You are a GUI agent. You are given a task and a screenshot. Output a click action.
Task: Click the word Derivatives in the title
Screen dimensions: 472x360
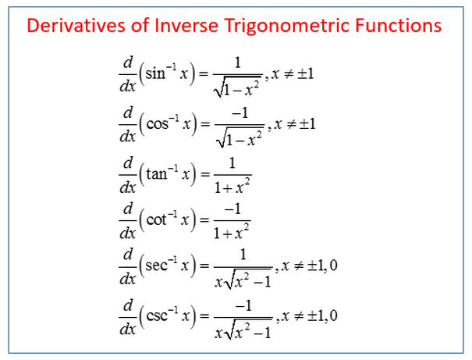coord(76,25)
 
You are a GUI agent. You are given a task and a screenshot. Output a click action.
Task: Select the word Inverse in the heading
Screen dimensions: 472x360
coord(186,25)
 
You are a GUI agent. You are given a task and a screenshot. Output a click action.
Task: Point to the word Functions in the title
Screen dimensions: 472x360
coord(398,25)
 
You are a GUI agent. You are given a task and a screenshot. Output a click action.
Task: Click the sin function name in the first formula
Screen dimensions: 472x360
coord(155,73)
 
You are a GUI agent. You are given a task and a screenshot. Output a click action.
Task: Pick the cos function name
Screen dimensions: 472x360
coord(157,124)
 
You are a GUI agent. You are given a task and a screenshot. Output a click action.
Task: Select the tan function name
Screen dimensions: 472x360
coord(157,174)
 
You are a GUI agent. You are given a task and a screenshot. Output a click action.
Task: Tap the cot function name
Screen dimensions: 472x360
coord(156,219)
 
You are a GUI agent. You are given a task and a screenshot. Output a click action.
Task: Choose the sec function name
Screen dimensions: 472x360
coord(157,266)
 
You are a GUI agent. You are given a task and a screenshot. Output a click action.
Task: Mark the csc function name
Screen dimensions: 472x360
coord(157,315)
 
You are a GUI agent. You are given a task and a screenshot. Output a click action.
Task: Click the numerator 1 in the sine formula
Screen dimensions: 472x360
coord(238,62)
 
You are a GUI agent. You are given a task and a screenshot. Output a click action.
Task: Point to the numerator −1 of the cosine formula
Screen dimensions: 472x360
coord(240,113)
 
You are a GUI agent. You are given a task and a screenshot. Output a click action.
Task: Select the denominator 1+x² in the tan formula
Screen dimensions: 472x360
coord(232,187)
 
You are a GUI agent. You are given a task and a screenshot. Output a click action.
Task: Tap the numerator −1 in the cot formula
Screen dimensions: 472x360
coord(232,209)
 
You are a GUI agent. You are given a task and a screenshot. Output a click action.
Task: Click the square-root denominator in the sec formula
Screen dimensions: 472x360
coord(243,280)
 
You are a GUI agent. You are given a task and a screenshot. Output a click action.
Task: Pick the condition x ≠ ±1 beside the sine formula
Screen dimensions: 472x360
coord(293,73)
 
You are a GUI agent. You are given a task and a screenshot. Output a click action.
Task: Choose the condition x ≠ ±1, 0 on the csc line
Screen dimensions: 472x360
coord(309,315)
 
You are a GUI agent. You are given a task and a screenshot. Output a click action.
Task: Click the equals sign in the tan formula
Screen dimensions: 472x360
coord(205,174)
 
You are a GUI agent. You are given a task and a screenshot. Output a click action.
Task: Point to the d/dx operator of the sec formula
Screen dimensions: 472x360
coord(128,267)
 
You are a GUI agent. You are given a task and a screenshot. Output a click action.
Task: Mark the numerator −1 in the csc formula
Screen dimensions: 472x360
coord(243,306)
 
